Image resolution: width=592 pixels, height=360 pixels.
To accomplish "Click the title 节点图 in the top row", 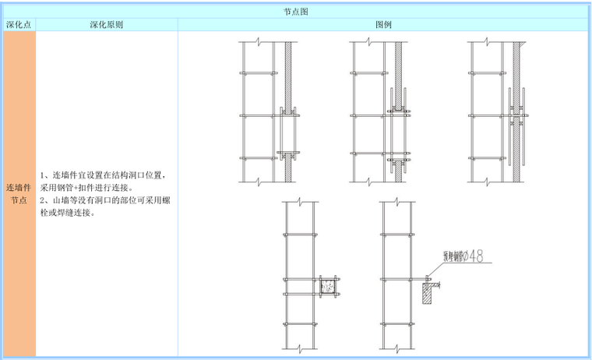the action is pos(296,12).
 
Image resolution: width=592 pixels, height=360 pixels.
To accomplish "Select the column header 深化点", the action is pos(18,25).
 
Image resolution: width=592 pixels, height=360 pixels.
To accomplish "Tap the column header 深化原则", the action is pos(106,25).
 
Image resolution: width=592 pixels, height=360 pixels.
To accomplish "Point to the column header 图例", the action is pos(383,25).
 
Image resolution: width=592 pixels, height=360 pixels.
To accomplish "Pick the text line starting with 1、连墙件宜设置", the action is pos(101,175).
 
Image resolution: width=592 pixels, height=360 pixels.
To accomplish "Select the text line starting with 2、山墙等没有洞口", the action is pos(101,200).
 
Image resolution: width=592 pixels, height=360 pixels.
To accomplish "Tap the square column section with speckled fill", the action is pos(327,288).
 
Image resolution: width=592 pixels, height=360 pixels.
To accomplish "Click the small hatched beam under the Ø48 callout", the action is pos(428,295).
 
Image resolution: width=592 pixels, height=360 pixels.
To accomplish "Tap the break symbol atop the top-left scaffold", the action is pos(257,41).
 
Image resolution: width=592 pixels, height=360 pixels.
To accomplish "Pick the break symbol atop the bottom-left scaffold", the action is pos(299,203).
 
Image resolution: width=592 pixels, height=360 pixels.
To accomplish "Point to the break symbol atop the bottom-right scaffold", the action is pos(398,203).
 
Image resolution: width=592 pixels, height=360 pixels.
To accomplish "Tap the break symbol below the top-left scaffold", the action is pos(257,182).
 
